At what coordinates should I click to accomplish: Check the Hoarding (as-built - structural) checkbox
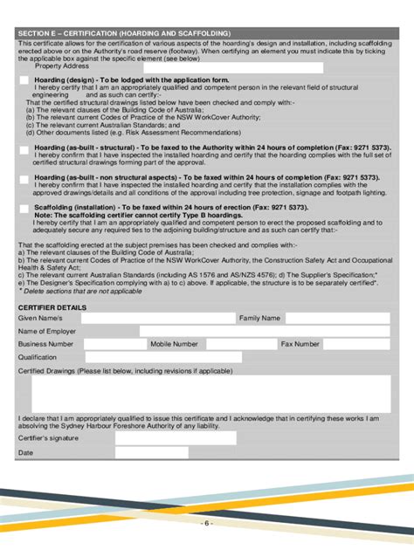(24, 150)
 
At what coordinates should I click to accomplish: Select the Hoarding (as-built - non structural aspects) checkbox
(24, 179)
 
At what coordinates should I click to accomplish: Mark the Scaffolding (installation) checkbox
(24, 209)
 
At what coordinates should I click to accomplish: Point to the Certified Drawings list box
(207, 393)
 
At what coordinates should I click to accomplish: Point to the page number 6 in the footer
(207, 523)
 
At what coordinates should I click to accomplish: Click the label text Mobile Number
(174, 345)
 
